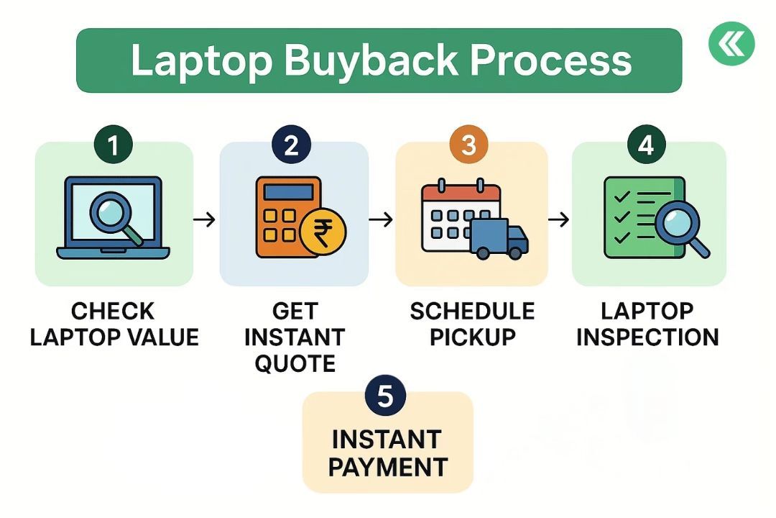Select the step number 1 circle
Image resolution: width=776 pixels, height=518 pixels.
(114, 146)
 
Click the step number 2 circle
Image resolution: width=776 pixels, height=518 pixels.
(291, 146)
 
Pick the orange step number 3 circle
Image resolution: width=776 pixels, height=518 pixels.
(468, 146)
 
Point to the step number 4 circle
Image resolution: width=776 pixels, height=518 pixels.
(646, 146)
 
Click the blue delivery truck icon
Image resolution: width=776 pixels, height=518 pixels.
(500, 239)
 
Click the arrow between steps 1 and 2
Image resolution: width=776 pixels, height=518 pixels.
(205, 219)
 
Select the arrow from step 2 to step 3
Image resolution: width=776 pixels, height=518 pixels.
(382, 219)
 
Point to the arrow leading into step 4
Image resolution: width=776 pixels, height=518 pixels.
(559, 219)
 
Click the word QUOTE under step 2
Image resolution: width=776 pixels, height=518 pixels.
(295, 363)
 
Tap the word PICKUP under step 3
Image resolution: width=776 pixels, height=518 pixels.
(471, 337)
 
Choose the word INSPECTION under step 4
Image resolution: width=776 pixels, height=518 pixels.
(647, 337)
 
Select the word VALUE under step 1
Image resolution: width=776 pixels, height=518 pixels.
(162, 337)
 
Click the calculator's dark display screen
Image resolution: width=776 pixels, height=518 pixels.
(285, 192)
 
